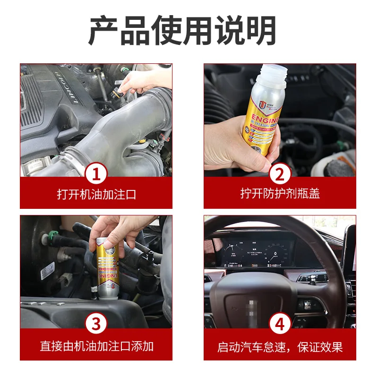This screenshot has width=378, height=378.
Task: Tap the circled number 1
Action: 96,175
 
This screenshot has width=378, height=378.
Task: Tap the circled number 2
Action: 280,175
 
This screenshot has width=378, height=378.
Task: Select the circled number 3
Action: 96,324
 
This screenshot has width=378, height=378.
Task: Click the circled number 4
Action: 280,324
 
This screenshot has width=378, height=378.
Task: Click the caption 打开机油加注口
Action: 96,194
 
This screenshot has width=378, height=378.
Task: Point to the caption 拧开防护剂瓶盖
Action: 280,194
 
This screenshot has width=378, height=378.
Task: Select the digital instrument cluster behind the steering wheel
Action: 255,250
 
